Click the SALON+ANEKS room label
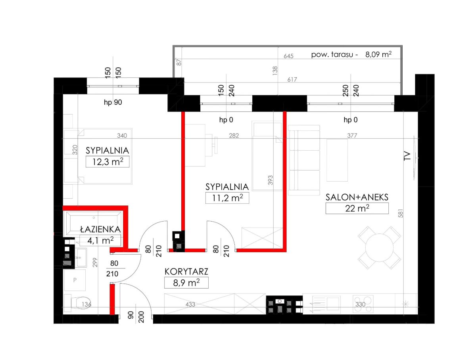pyautogui.click(x=357, y=197)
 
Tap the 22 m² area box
pyautogui.click(x=357, y=208)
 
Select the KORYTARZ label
pyautogui.click(x=186, y=272)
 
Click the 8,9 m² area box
pyautogui.click(x=186, y=283)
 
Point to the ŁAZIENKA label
pyautogui.click(x=100, y=229)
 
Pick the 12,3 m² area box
pyautogui.click(x=107, y=161)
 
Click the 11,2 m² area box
pyautogui.click(x=227, y=198)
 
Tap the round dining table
pyautogui.click(x=379, y=247)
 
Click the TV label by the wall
pyautogui.click(x=407, y=156)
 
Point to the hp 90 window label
pyautogui.click(x=113, y=102)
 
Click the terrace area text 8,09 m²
pyautogui.click(x=378, y=54)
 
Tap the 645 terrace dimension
pyautogui.click(x=288, y=56)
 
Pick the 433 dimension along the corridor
pyautogui.click(x=190, y=304)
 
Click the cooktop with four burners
pyautogui.click(x=363, y=304)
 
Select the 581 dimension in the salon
pyautogui.click(x=401, y=213)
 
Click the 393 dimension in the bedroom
pyautogui.click(x=270, y=180)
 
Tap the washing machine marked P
pyautogui.click(x=75, y=280)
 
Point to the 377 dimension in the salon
pyautogui.click(x=352, y=136)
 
